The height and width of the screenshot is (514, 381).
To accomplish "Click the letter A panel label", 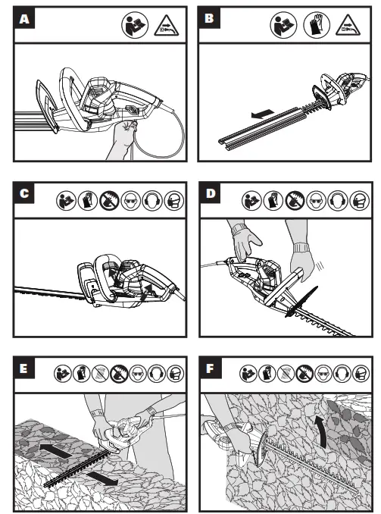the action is [24, 18].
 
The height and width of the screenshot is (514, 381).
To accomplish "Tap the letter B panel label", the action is [209, 18].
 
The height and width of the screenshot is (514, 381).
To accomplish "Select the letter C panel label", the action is [24, 193].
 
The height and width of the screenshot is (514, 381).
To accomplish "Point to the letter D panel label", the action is [211, 193].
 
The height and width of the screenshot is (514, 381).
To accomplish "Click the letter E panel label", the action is [24, 368].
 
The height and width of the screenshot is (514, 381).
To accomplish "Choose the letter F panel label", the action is [211, 368].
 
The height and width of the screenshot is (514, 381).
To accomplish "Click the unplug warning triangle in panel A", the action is [167, 27].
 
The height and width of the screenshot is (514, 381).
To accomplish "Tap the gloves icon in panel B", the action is [317, 25].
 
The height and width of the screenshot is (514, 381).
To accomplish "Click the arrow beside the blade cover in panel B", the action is [262, 114].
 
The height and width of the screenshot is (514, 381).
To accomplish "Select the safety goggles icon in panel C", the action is [131, 200].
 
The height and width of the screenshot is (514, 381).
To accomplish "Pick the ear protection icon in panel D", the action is [338, 200].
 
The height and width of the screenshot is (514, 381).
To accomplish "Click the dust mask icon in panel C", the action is [174, 200].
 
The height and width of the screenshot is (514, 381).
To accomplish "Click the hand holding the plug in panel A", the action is [123, 138].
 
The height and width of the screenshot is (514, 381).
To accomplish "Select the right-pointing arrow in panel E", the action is [102, 479].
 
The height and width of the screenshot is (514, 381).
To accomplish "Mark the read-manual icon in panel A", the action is [135, 25].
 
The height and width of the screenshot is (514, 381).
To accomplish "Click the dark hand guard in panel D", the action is [301, 302].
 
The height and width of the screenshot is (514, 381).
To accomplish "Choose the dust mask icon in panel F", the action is [361, 374].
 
